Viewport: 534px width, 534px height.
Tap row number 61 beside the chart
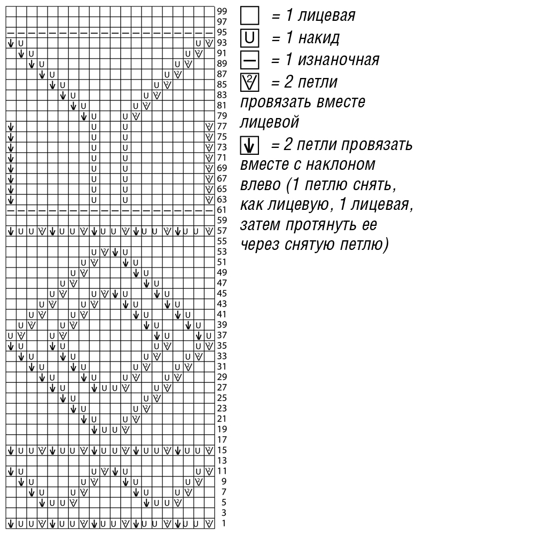(x=222, y=210)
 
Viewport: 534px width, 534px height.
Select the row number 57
(x=222, y=231)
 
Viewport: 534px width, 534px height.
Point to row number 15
(x=222, y=450)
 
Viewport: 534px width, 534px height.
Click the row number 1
(x=224, y=523)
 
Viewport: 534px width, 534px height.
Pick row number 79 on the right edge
(x=222, y=116)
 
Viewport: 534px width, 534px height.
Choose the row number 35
(x=222, y=346)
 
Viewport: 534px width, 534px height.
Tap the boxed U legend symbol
(x=249, y=38)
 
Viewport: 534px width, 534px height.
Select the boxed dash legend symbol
(x=249, y=60)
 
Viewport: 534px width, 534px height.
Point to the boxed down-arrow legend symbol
(x=249, y=145)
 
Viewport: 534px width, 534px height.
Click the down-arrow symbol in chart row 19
(x=95, y=429)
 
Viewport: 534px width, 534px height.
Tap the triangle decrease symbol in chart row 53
(x=105, y=252)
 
